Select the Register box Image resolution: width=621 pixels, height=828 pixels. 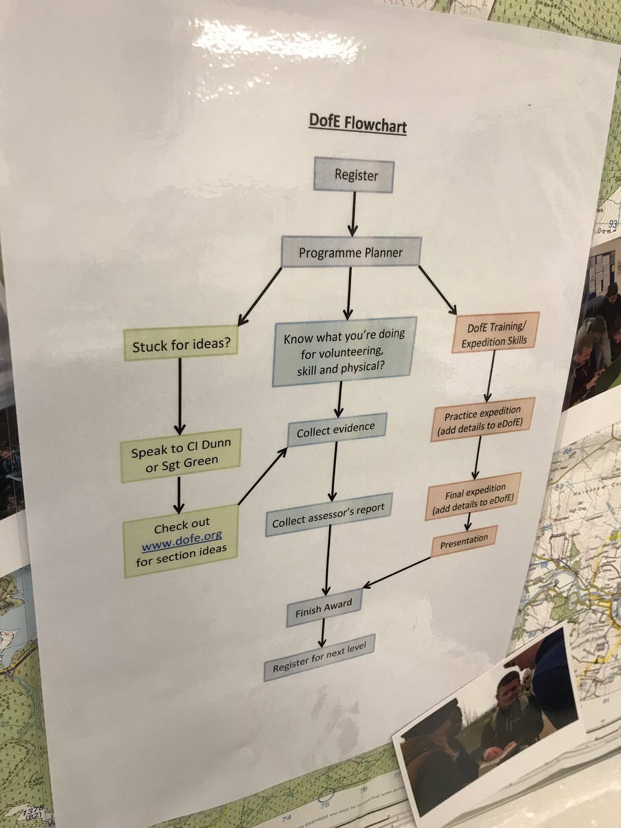[x=356, y=175]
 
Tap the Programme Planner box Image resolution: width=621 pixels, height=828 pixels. [x=351, y=253]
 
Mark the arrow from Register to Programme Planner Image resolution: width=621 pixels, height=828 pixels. [x=353, y=214]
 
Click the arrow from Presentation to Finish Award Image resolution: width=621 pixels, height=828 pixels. [x=398, y=571]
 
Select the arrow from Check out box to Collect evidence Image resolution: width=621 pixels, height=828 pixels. [x=263, y=475]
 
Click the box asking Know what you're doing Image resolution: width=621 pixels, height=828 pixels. [x=345, y=352]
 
